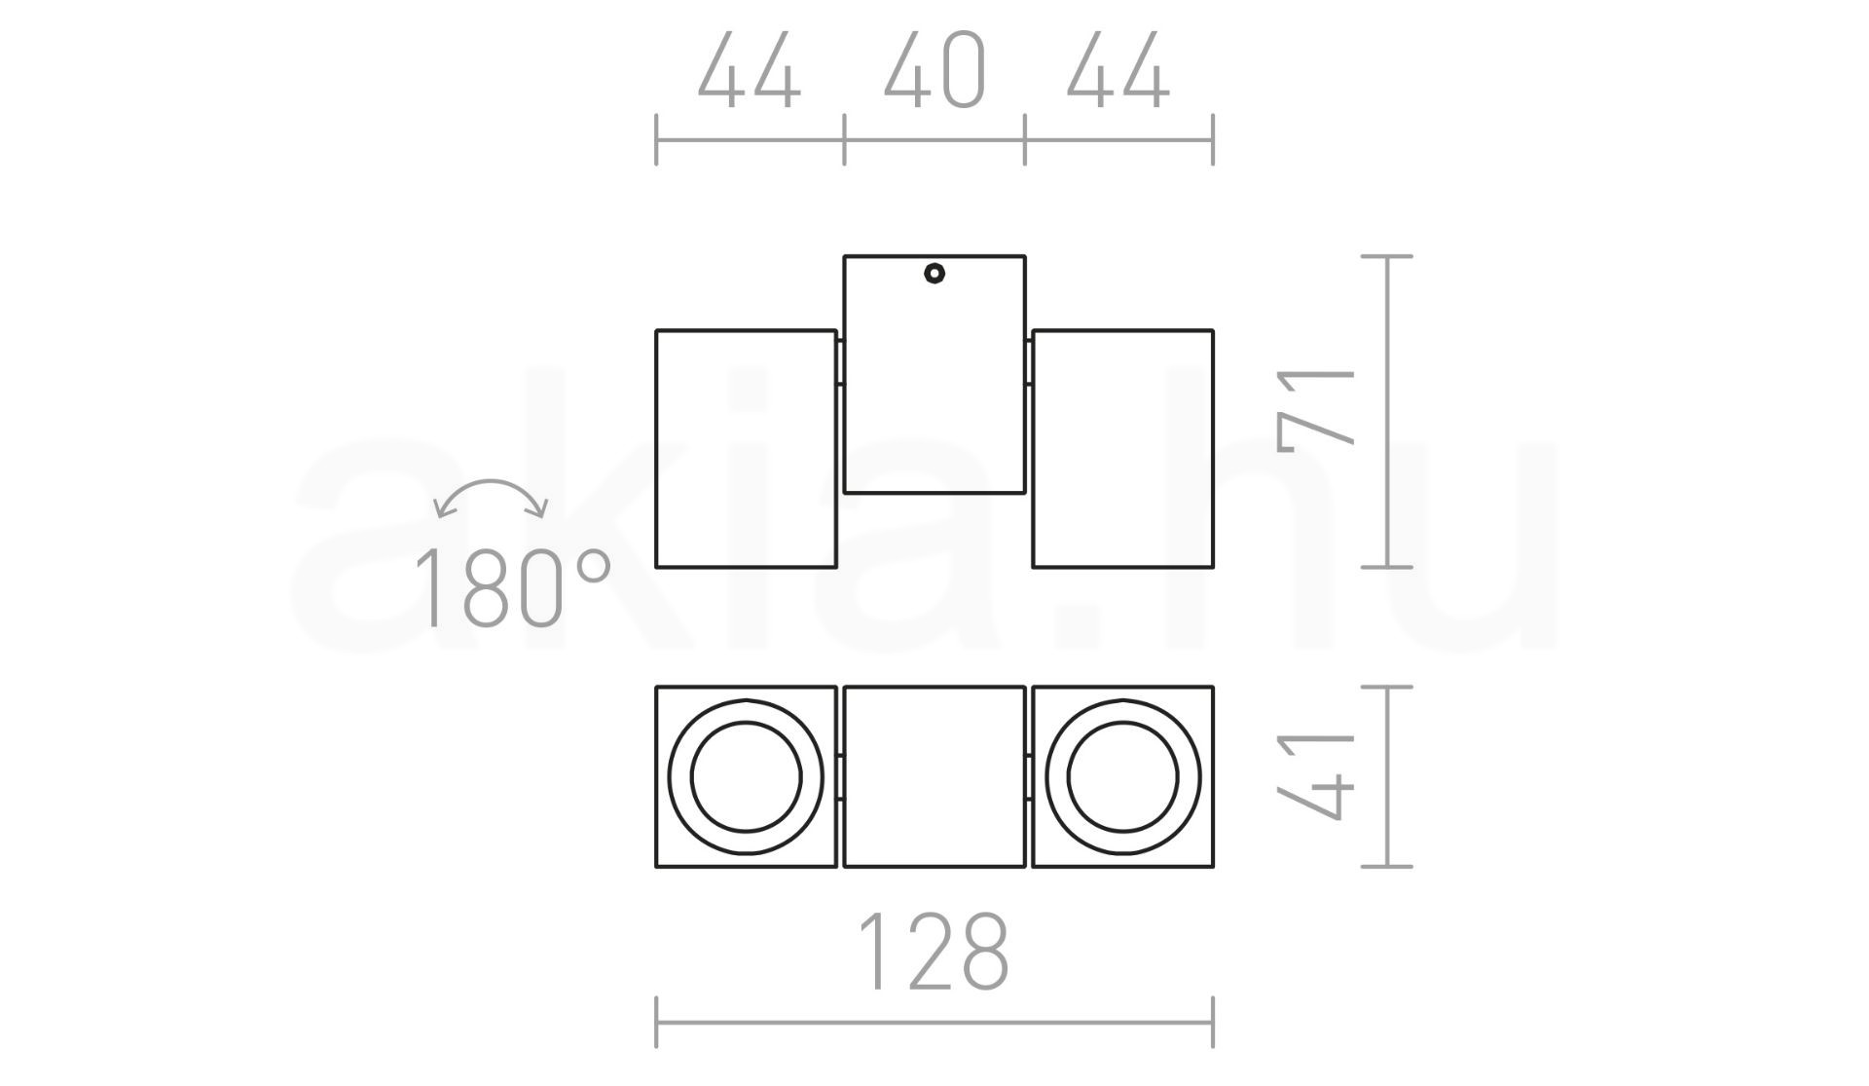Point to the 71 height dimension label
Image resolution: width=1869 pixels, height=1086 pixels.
coord(1316,411)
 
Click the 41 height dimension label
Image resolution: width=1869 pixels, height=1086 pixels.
coord(1316,776)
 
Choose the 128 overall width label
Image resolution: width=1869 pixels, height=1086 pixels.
coord(934,952)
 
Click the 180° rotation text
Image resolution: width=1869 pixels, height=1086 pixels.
coord(512,587)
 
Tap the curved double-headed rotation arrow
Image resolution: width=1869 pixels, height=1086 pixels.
coord(492,481)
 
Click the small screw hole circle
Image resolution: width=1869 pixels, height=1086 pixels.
coord(934,274)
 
